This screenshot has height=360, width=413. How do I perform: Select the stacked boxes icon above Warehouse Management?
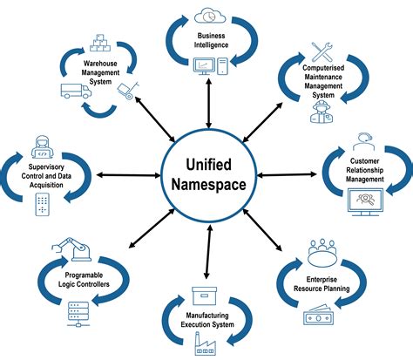tap(98, 42)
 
